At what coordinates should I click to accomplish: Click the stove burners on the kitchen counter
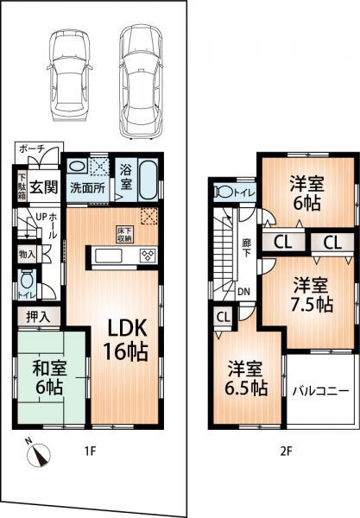click(x=146, y=255)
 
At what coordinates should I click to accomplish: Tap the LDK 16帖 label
click(x=125, y=340)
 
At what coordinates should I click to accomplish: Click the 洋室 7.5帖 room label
click(x=310, y=294)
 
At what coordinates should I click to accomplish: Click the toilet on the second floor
click(x=224, y=192)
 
